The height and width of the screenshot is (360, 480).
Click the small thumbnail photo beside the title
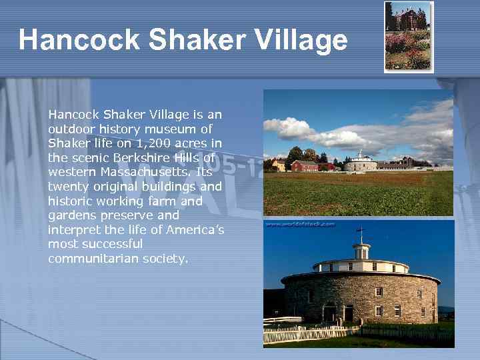tap(409, 36)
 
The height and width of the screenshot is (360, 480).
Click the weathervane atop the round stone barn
tap(361, 233)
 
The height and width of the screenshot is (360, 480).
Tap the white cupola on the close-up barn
tap(361, 251)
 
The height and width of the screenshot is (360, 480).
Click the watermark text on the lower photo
tap(301, 225)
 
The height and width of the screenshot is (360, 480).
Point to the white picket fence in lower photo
tap(313, 334)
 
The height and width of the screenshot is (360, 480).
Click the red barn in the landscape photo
tap(304, 165)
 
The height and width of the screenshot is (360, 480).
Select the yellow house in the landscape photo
tap(278, 165)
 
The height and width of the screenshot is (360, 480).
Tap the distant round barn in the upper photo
tap(361, 163)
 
